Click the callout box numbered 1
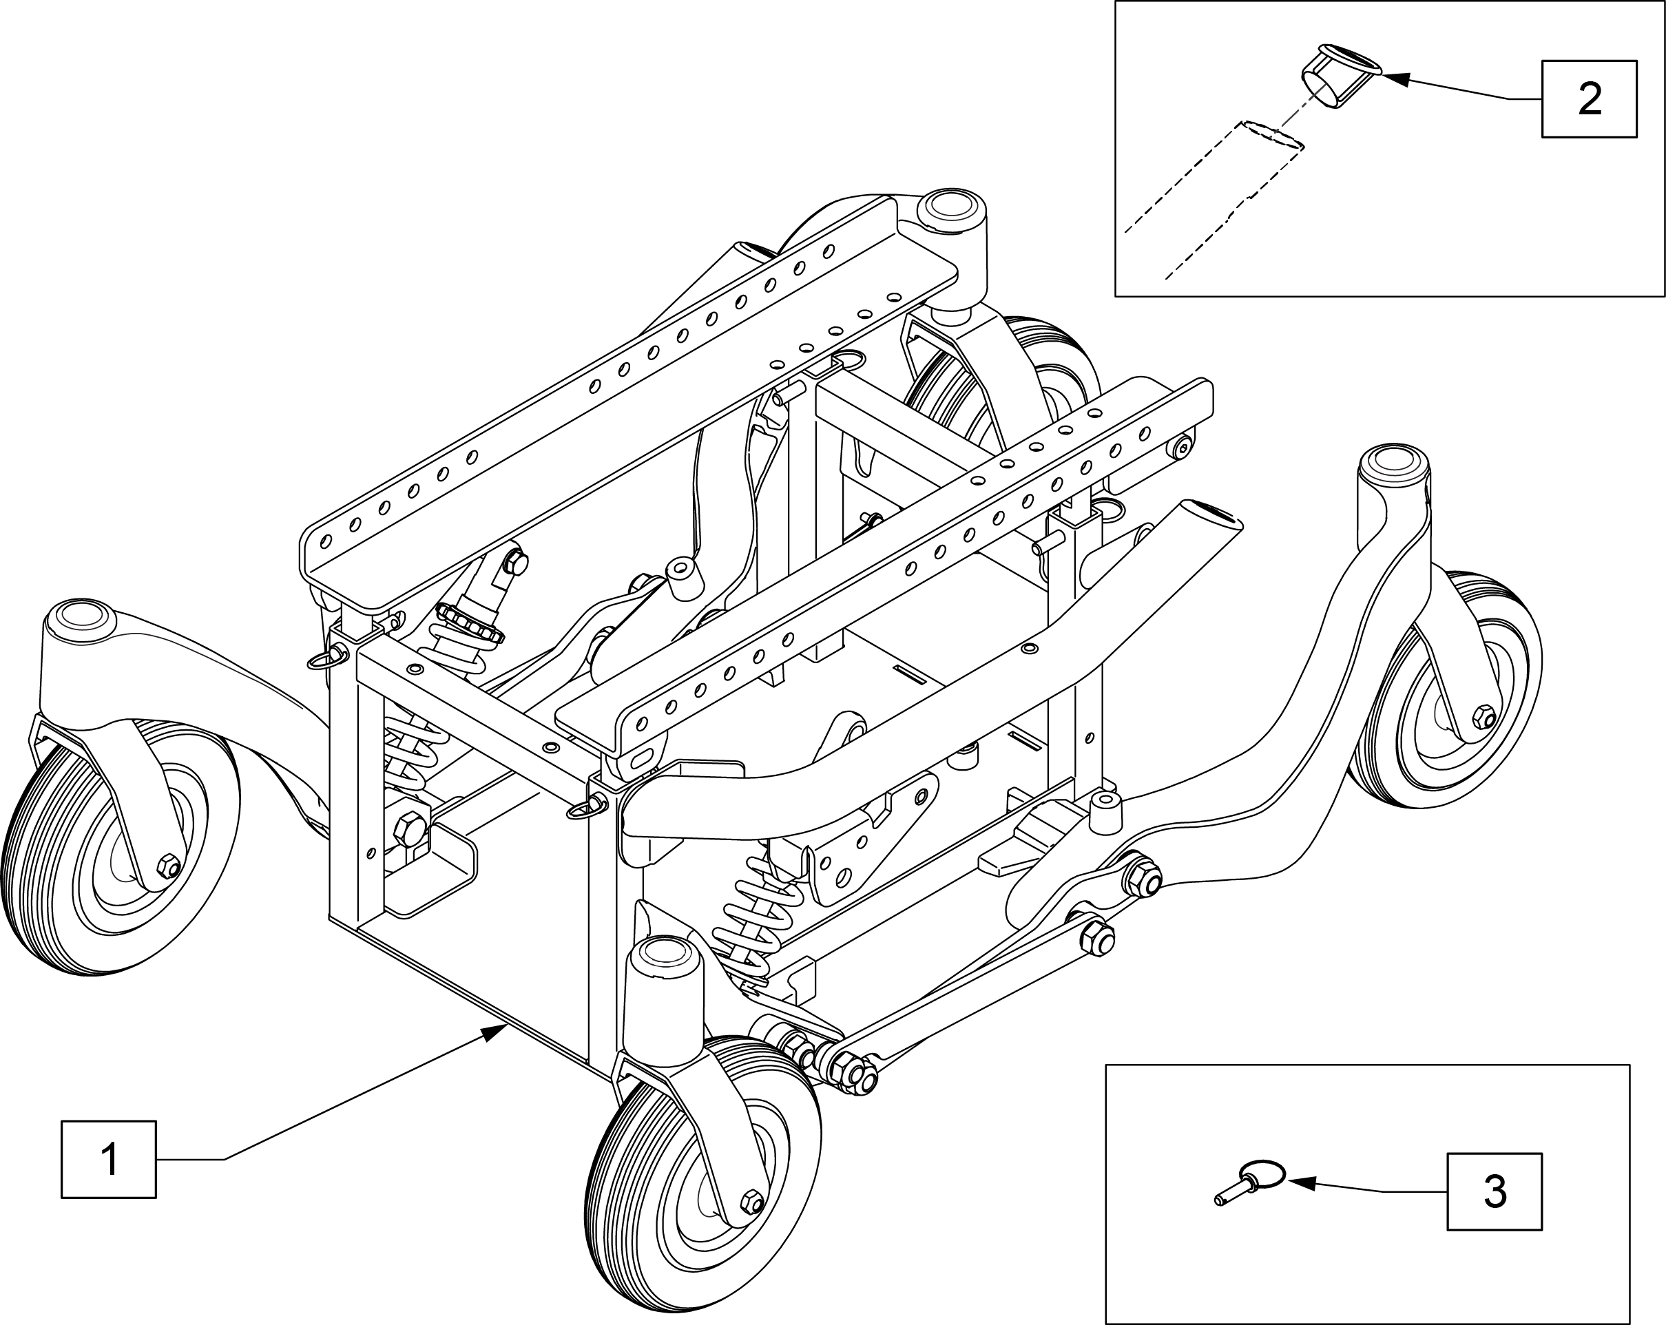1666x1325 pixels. pos(109,1159)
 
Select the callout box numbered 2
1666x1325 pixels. pos(1590,99)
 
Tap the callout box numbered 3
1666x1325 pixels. pos(1495,1191)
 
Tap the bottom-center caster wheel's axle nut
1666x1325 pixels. pos(749,1204)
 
